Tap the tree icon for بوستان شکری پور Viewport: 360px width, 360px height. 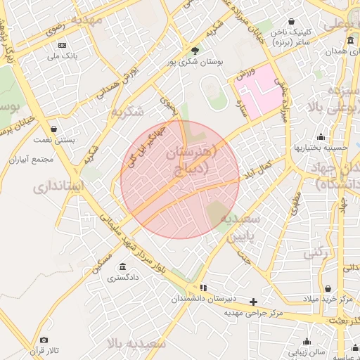195,50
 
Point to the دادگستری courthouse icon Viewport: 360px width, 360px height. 123,266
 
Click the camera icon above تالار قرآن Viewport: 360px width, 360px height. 45,340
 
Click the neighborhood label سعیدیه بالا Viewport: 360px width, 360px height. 136,343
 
